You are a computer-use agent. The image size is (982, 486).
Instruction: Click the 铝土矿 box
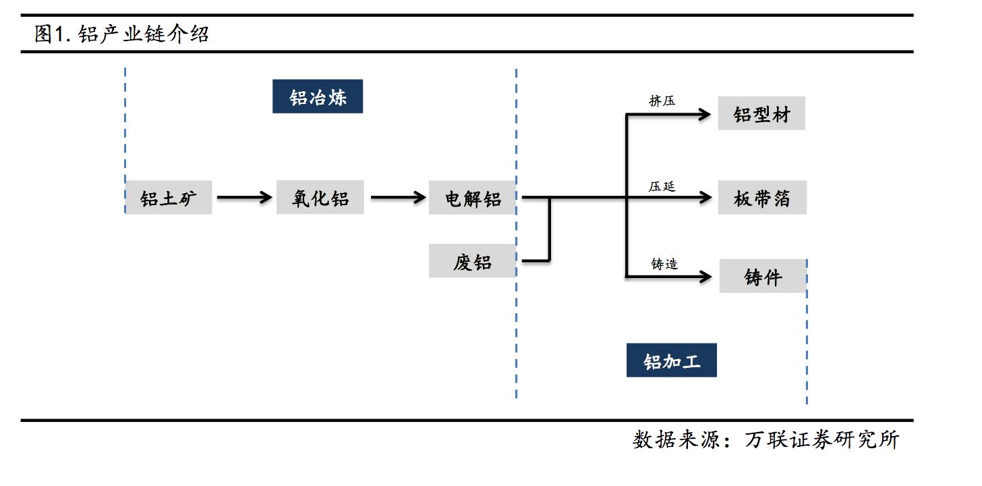click(169, 198)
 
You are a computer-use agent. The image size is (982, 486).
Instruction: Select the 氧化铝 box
click(320, 198)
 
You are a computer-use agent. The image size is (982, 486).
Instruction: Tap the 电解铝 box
click(472, 198)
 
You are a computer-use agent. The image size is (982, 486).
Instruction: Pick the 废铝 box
click(472, 261)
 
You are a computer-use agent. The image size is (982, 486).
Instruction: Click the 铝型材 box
click(761, 114)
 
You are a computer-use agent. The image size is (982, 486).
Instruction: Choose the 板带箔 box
click(761, 198)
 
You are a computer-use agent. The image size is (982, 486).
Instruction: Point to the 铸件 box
click(763, 276)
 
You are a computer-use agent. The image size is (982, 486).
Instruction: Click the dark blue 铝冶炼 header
click(318, 97)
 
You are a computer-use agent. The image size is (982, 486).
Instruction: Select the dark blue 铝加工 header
click(671, 360)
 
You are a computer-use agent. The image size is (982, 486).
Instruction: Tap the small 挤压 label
click(662, 101)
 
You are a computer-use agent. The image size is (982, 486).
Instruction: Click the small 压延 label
click(662, 186)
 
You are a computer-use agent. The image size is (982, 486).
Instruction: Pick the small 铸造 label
click(664, 264)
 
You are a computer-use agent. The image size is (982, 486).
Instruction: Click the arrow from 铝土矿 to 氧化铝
click(243, 198)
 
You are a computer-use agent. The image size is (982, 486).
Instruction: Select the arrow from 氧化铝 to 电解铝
click(398, 198)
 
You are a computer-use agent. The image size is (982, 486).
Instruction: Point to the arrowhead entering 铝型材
click(705, 114)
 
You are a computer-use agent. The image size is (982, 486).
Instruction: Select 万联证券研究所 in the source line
click(822, 440)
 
